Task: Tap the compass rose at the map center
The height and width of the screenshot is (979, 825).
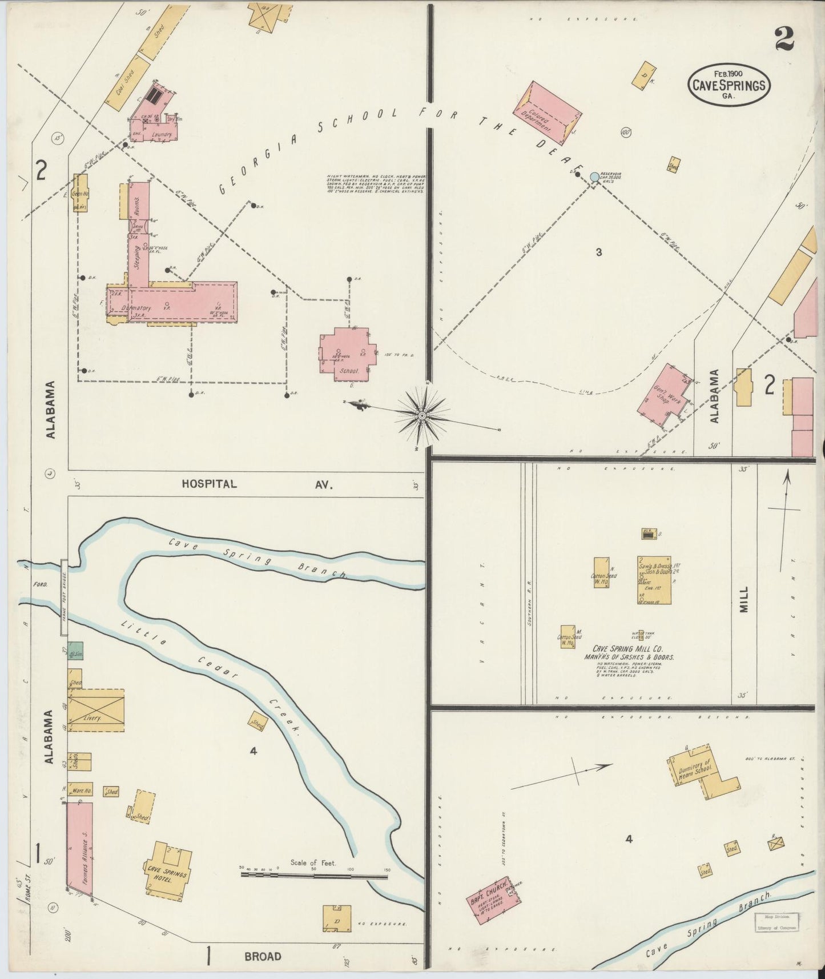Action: [x=421, y=415]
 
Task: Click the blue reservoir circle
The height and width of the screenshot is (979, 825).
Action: [x=594, y=177]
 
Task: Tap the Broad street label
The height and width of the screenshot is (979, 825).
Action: [x=263, y=956]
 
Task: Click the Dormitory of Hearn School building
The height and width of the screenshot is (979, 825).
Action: [x=701, y=771]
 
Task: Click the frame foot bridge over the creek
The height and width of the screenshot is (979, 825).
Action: [x=65, y=597]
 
